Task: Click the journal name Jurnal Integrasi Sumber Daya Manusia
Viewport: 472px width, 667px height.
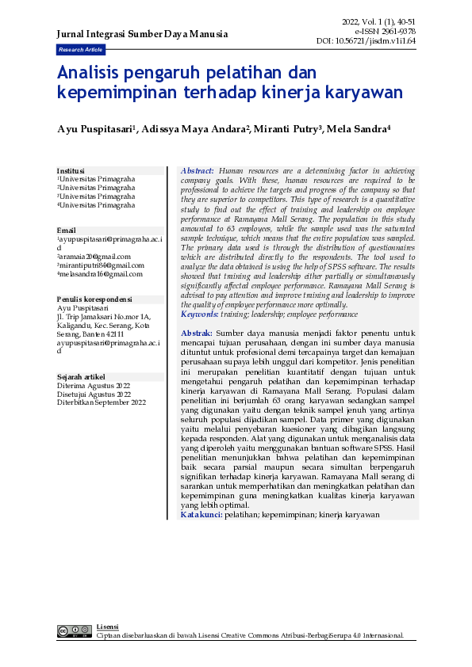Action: point(142,34)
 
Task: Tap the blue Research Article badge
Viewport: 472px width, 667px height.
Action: point(79,49)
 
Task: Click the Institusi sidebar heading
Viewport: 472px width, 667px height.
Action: point(71,170)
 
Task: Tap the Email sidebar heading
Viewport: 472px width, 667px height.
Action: point(67,231)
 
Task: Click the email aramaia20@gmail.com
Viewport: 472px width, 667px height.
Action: point(94,257)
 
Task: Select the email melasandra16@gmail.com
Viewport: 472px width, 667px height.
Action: point(100,274)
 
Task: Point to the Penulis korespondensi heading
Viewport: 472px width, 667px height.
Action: point(94,299)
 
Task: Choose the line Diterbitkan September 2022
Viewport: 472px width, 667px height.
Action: point(102,402)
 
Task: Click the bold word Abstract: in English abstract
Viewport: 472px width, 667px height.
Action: point(198,171)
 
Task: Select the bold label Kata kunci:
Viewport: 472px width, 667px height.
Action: point(201,515)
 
